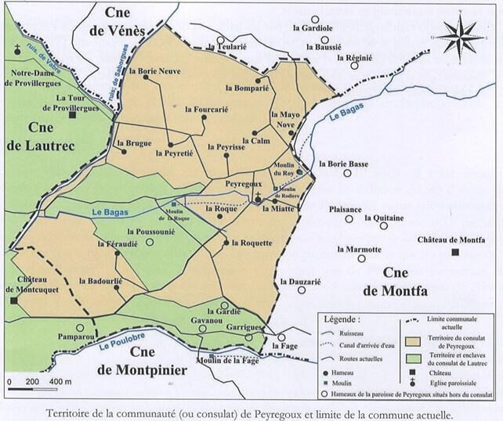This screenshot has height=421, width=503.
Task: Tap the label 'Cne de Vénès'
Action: pyautogui.click(x=117, y=22)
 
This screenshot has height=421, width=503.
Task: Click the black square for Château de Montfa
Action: pyautogui.click(x=455, y=251)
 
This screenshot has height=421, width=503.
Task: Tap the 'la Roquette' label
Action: pyautogui.click(x=251, y=243)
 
